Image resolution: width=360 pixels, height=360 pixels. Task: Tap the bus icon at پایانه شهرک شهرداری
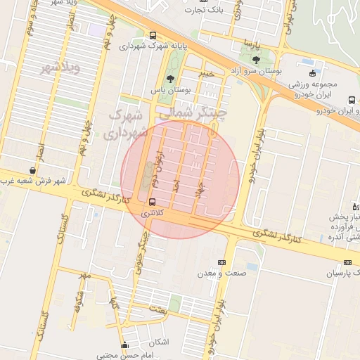[153, 36]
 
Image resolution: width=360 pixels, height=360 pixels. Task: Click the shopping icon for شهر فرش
[33, 170]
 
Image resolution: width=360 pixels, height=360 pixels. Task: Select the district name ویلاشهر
[58, 68]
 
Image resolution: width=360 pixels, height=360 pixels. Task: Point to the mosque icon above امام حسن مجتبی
[125, 345]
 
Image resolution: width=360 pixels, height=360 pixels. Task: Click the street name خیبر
[205, 73]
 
